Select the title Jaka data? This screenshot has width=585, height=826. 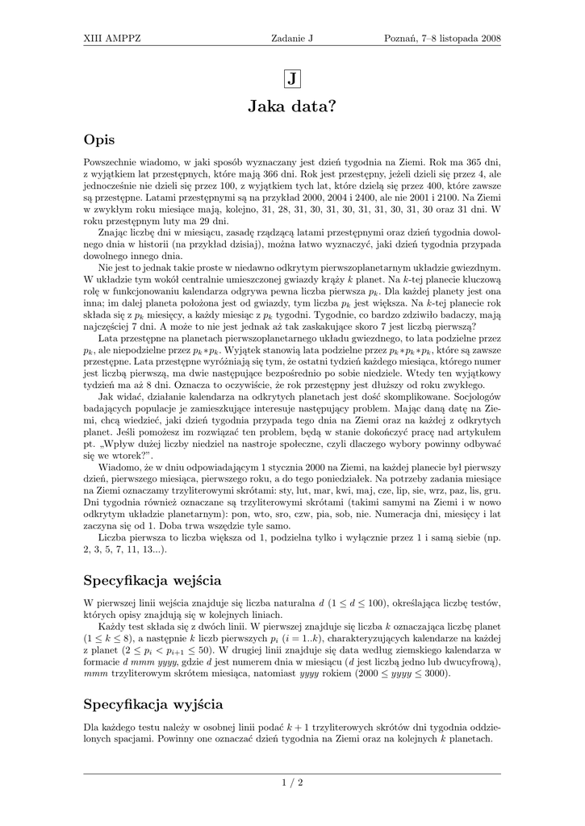(292, 106)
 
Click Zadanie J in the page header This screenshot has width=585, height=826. (292, 39)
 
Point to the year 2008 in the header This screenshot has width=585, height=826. (489, 39)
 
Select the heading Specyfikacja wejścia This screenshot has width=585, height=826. (153, 580)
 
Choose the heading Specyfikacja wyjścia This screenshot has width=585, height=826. (153, 704)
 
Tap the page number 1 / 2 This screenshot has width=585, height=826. (292, 782)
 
